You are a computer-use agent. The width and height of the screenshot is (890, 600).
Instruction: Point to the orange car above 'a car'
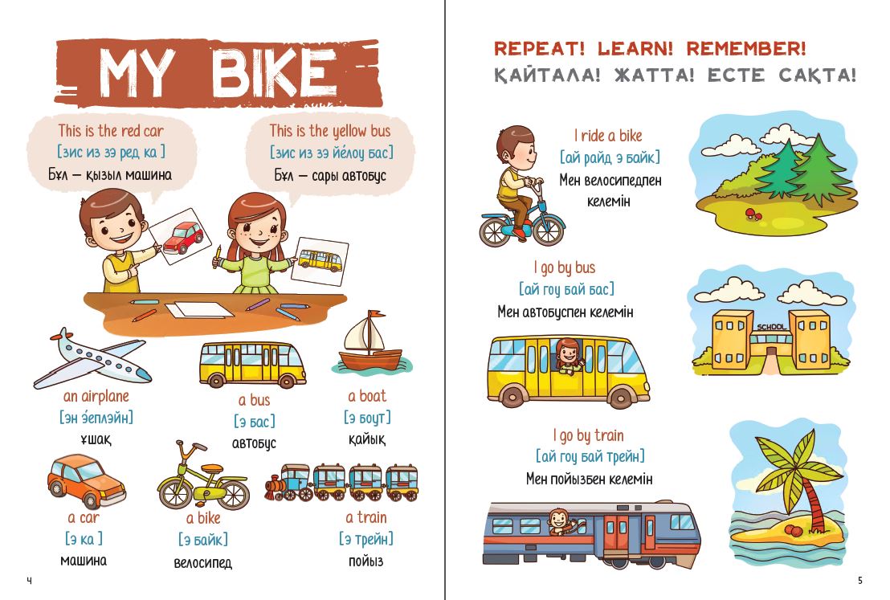click(x=86, y=480)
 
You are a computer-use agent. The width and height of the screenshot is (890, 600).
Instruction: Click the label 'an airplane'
click(x=96, y=396)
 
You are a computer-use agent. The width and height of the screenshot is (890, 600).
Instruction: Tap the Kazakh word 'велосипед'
click(x=202, y=562)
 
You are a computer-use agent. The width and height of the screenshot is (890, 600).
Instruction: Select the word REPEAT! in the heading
click(x=539, y=48)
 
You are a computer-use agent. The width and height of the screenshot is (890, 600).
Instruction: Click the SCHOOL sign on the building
click(x=771, y=327)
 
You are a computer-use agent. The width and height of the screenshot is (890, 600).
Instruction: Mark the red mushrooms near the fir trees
click(x=753, y=214)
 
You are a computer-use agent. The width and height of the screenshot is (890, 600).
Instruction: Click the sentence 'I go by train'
click(x=588, y=435)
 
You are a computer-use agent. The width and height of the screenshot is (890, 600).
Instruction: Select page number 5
click(x=860, y=580)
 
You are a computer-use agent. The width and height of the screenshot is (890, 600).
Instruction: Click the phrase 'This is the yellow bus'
click(x=330, y=131)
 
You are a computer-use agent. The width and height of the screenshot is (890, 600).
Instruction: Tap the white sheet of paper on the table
click(x=199, y=310)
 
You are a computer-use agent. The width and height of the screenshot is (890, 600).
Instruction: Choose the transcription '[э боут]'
click(x=367, y=418)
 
